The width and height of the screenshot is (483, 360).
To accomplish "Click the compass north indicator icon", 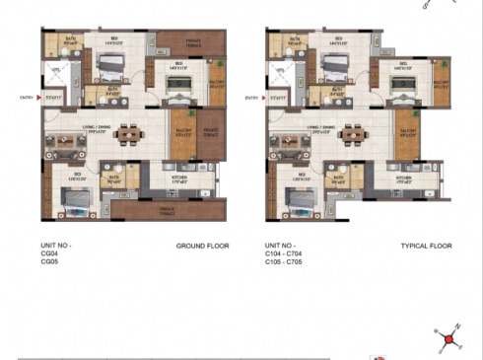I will (449, 339).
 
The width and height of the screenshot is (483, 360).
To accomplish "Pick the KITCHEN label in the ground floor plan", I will (180, 179).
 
